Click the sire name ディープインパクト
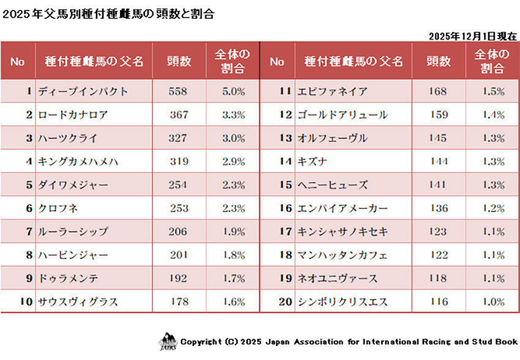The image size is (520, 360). [83, 92]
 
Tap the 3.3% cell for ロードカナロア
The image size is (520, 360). [232, 115]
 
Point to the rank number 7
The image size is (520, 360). [28, 232]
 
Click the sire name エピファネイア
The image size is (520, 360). [332, 92]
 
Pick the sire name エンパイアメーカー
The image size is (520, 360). [342, 208]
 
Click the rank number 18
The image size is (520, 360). [286, 255]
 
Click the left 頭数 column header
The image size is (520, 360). [179, 61]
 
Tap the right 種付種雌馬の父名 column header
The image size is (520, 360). [353, 61]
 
